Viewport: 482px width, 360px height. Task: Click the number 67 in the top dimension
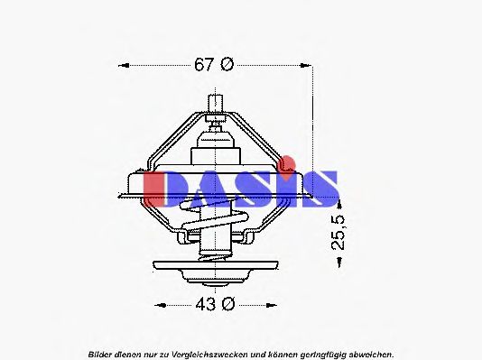point(205,65)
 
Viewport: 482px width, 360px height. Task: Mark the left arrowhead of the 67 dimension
point(125,65)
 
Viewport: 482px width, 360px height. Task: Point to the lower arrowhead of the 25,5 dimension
point(338,261)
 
